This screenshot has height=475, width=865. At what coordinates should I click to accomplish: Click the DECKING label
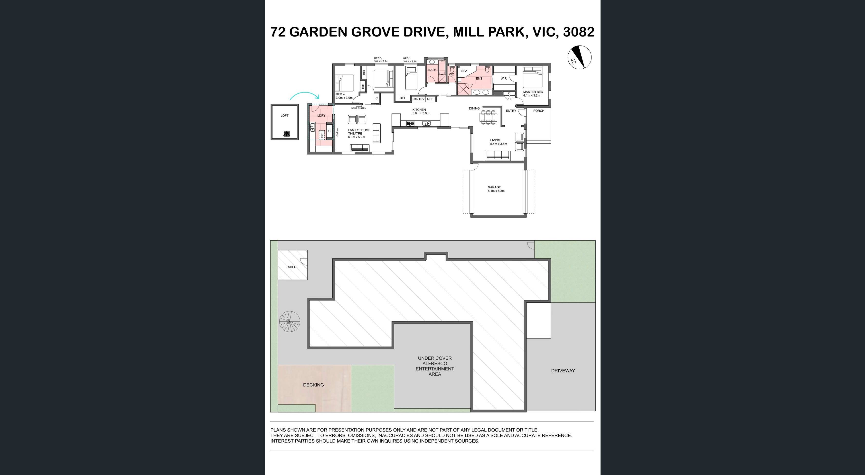click(x=313, y=385)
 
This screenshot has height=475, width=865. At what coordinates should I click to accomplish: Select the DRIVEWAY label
click(x=563, y=371)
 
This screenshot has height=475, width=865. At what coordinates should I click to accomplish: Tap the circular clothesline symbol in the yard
click(x=290, y=321)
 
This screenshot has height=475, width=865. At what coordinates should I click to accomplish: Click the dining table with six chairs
click(x=489, y=117)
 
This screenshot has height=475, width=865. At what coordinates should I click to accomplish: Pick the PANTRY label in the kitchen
click(x=418, y=99)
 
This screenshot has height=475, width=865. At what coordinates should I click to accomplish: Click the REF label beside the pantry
click(x=430, y=99)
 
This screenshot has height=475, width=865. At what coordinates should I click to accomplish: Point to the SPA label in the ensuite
click(x=464, y=71)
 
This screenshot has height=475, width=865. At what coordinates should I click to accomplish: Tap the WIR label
click(x=503, y=79)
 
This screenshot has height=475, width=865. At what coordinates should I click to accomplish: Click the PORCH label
click(x=539, y=111)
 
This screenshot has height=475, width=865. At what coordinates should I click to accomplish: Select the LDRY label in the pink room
click(x=321, y=115)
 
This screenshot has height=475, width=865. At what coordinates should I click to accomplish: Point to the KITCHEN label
click(x=419, y=110)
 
